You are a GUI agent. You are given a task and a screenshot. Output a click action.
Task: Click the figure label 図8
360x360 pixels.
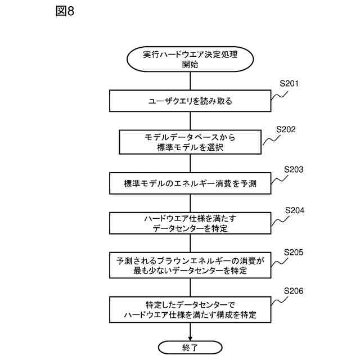(x=65, y=12)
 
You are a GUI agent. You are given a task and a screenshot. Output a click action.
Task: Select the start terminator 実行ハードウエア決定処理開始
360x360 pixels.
(x=190, y=59)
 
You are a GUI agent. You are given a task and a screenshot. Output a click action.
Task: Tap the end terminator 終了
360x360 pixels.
(x=190, y=347)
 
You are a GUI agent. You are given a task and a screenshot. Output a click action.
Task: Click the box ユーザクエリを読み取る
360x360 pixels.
(x=190, y=102)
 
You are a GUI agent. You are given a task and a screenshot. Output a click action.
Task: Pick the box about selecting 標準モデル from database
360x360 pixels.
(x=190, y=142)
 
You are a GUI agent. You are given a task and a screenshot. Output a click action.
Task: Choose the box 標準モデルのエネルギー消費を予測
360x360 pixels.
(x=190, y=183)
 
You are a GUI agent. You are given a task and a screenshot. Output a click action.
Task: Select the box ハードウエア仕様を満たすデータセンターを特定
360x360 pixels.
(x=190, y=224)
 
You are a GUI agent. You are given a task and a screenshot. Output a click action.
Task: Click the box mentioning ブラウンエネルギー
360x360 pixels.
(x=190, y=265)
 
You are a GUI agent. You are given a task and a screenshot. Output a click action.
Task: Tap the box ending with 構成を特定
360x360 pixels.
(x=190, y=309)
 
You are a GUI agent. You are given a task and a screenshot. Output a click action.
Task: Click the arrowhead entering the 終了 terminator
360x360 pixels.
(x=190, y=337)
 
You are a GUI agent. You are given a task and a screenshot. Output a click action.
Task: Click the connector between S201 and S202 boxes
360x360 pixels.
(x=190, y=121)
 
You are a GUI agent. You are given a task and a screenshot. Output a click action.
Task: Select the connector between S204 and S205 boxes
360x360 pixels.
(x=190, y=244)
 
